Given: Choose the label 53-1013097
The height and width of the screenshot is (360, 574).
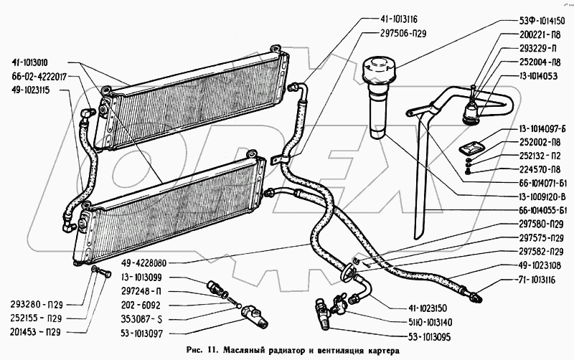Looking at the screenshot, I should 150,333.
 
